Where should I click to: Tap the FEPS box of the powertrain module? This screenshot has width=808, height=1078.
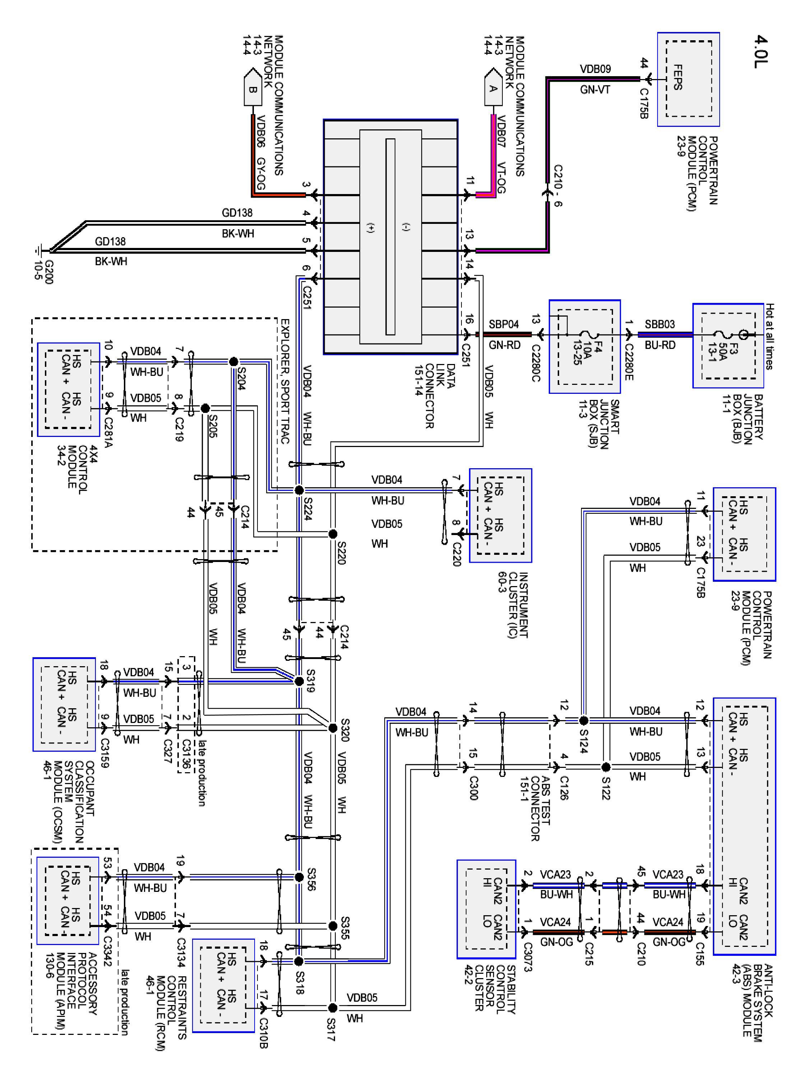[x=688, y=79]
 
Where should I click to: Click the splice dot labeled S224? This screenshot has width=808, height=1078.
[x=299, y=490]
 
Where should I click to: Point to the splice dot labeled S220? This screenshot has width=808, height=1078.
[x=333, y=534]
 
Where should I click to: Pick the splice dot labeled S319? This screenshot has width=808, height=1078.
[x=299, y=681]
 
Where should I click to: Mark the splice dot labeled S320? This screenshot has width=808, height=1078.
[x=333, y=728]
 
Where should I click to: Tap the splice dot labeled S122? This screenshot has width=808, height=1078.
[x=606, y=767]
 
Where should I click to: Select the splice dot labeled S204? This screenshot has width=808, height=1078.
[x=233, y=361]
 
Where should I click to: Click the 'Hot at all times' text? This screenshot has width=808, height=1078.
[x=769, y=336]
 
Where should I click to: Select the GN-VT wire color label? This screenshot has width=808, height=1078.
[x=595, y=90]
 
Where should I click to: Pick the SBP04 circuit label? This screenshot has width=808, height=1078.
[x=503, y=324]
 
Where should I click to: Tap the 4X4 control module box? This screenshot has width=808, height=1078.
[x=69, y=390]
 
